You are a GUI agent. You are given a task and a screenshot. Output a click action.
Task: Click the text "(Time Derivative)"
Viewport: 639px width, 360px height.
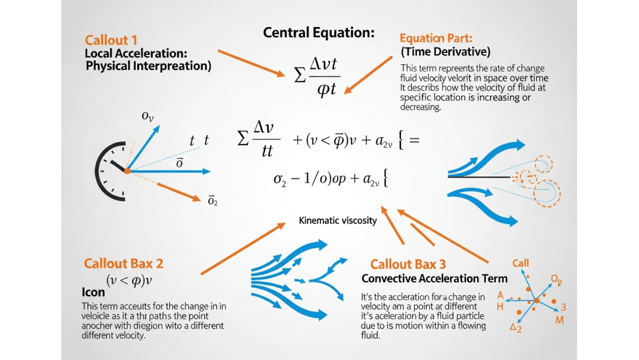445,52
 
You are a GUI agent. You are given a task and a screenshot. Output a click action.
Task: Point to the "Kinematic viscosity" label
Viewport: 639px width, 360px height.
337,220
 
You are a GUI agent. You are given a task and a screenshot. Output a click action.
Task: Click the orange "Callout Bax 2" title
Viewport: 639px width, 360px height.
123,263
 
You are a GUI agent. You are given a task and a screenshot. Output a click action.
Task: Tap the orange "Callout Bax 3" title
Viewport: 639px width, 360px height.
417,264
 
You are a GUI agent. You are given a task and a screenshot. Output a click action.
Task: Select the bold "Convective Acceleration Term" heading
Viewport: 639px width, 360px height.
434,279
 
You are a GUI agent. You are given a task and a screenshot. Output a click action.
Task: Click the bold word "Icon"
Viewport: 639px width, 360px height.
93,293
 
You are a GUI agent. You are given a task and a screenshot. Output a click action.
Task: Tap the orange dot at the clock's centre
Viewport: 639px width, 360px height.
127,171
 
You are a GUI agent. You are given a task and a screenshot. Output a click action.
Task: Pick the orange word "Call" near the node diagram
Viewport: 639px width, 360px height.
521,263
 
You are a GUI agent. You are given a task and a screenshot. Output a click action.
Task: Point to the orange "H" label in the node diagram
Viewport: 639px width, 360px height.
500,306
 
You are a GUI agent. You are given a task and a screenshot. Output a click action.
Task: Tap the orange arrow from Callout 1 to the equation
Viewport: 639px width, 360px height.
251,63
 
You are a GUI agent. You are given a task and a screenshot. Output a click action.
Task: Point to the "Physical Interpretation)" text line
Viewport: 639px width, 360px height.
148,66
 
